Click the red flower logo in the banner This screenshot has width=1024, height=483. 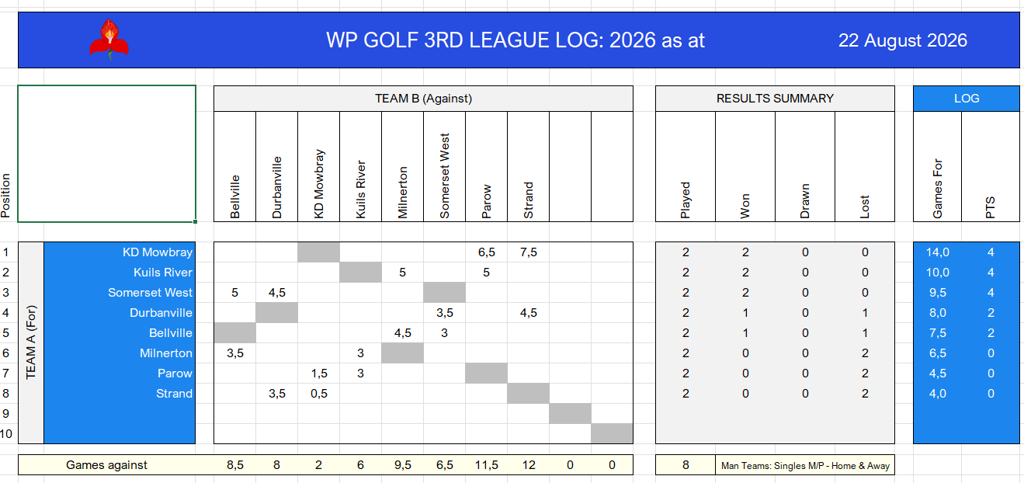[109, 40]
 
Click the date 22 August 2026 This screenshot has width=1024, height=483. [902, 40]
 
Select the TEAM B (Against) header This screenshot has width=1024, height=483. [423, 99]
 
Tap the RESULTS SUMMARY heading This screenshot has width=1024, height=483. [775, 99]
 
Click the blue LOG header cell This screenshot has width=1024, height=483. [967, 99]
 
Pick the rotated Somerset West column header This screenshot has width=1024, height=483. [444, 175]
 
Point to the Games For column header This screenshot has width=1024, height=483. [938, 189]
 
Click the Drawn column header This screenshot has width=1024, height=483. [805, 201]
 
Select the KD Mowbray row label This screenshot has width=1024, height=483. [158, 252]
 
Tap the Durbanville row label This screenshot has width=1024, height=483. [161, 312]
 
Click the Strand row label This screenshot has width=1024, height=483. [174, 394]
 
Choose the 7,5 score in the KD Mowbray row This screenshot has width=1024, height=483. [529, 252]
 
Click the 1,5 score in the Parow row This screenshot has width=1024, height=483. [319, 374]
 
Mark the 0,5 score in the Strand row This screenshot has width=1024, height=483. [319, 394]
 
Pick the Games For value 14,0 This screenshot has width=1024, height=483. [938, 252]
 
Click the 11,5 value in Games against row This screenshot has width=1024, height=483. [487, 465]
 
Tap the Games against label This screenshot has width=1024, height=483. [106, 465]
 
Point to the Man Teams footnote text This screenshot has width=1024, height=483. [806, 466]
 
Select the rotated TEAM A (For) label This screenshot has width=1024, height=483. [30, 342]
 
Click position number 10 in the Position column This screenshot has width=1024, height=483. [6, 433]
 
